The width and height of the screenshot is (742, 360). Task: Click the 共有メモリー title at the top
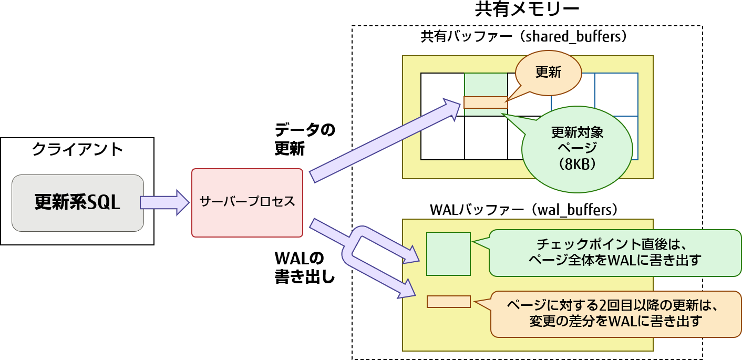click(x=527, y=10)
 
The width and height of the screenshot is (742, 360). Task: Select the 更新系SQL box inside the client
click(x=77, y=203)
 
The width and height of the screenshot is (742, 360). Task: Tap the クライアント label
click(x=77, y=149)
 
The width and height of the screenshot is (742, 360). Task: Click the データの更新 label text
click(x=304, y=139)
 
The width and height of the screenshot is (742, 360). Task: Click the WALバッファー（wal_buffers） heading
click(x=527, y=210)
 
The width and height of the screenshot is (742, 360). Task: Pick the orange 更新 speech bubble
click(x=548, y=73)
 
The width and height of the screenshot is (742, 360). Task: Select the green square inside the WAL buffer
click(x=448, y=253)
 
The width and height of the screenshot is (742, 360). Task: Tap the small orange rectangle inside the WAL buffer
click(x=448, y=302)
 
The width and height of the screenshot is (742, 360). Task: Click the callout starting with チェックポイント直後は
click(x=614, y=252)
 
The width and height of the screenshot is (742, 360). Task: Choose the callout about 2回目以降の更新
click(x=615, y=314)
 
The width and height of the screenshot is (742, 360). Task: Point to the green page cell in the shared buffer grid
click(x=486, y=84)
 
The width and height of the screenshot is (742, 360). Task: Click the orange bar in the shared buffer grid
click(x=485, y=102)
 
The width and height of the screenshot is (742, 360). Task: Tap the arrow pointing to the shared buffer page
click(x=384, y=139)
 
